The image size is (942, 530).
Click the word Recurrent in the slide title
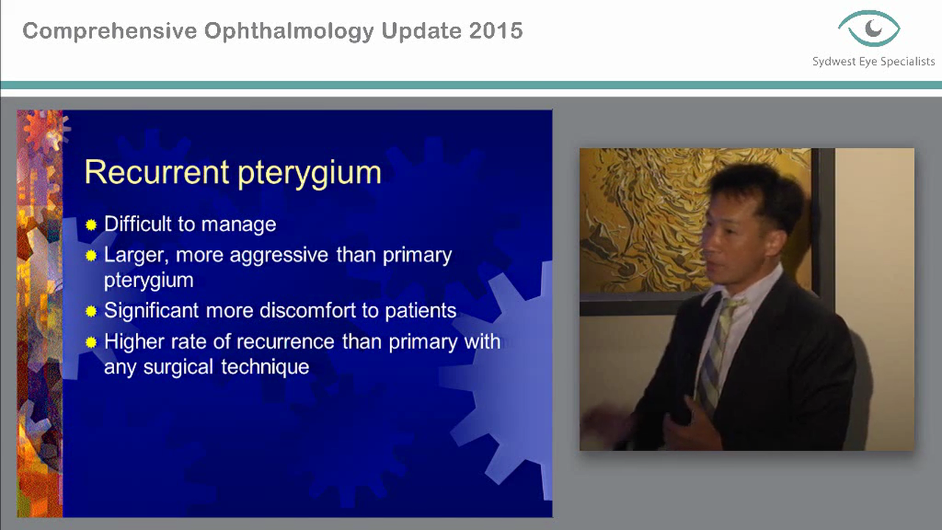155,172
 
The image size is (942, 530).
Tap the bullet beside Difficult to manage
91,225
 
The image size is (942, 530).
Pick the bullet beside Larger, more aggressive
91,256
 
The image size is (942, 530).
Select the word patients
420,311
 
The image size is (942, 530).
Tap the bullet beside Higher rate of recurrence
91,342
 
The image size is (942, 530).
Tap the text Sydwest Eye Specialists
874,62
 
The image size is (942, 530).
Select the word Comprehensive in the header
110,32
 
